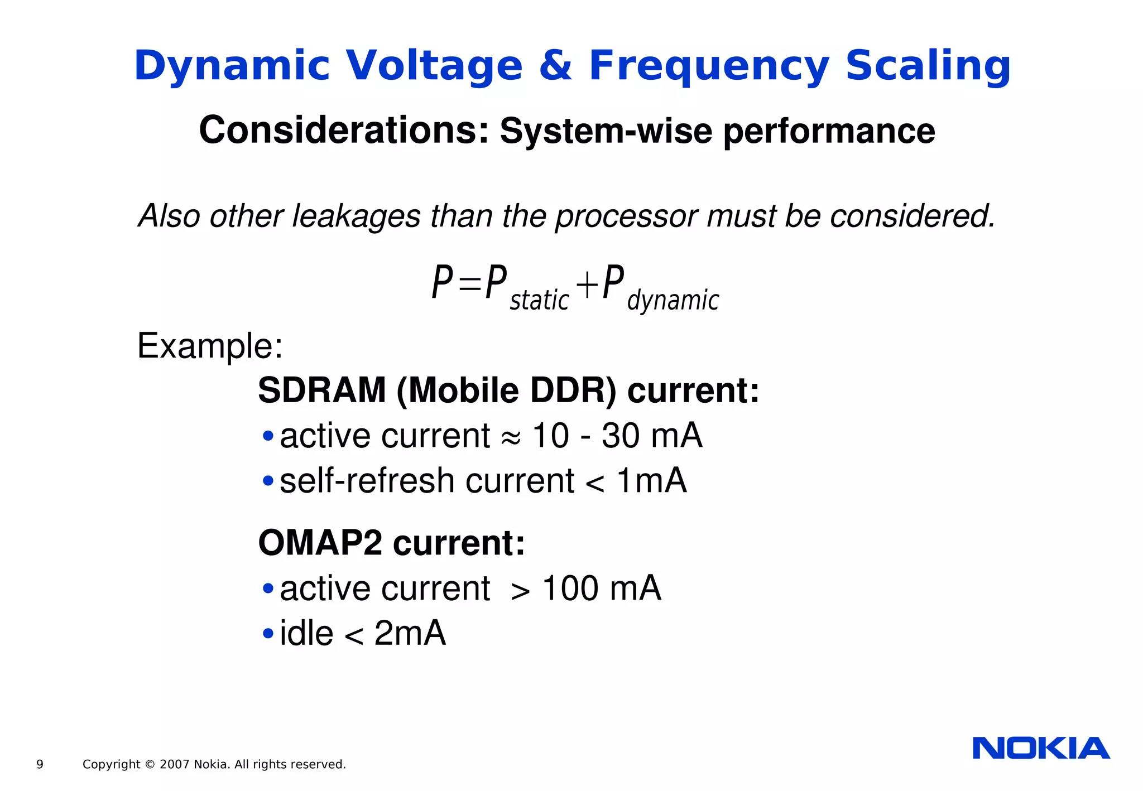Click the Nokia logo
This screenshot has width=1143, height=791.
(x=1041, y=748)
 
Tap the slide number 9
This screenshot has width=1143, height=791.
(x=40, y=764)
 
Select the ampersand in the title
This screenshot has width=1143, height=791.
(x=555, y=66)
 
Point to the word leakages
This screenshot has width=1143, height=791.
(x=356, y=216)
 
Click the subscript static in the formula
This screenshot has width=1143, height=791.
(x=539, y=300)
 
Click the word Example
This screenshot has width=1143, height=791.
(x=210, y=346)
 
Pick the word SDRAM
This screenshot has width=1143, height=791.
(x=322, y=390)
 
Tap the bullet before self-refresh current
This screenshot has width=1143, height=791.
(x=268, y=481)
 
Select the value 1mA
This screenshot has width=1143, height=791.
(x=651, y=481)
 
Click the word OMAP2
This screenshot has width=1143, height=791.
(x=320, y=543)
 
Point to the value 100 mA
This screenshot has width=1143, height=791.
(x=602, y=589)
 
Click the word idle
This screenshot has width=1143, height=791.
(x=306, y=634)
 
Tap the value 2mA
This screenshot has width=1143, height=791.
(x=410, y=634)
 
